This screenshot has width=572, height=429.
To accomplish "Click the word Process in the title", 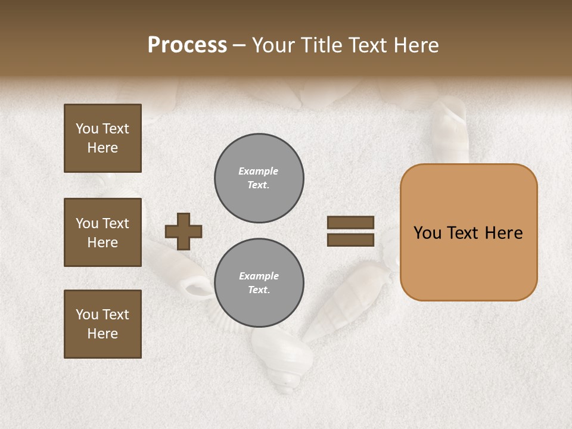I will tap(187, 45).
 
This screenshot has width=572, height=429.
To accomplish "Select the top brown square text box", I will tap(102, 138).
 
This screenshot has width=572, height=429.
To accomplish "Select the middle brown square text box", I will tap(102, 232).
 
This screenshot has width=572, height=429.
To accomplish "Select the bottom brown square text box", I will tap(102, 324).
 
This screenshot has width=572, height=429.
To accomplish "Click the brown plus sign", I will tap(184, 231).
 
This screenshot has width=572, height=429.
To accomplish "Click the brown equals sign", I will tap(351, 231).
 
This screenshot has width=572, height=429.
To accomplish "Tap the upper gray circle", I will tap(259, 178).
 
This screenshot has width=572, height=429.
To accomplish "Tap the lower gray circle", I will tap(259, 283).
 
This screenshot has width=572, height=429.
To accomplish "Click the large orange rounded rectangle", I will tap(468, 232).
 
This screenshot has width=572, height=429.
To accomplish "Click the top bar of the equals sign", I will tap(351, 223).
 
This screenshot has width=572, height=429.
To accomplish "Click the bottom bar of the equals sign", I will tap(351, 240).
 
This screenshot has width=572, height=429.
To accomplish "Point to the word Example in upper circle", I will tap(259, 171).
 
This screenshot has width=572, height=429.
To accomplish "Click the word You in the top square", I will tap(87, 129).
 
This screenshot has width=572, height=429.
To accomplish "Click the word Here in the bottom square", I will tap(102, 334).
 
